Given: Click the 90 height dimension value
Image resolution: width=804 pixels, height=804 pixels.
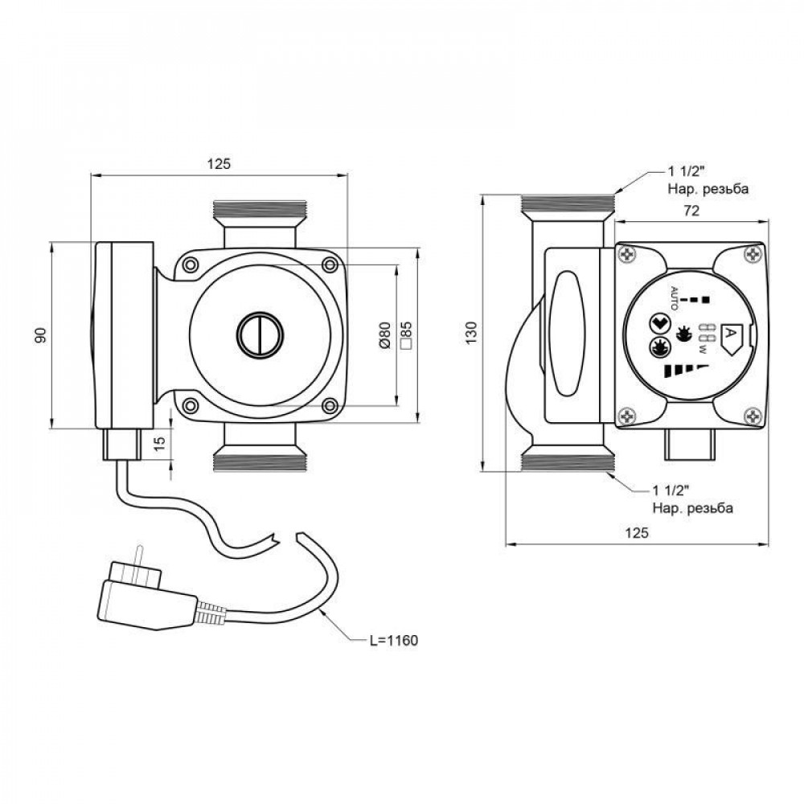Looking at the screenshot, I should [x=40, y=335].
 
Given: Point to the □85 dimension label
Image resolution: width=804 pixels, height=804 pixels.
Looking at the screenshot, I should [x=406, y=334].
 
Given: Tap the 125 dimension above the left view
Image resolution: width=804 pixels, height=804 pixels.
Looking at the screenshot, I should [x=219, y=164].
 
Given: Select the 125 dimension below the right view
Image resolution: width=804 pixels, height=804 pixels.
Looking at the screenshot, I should [x=636, y=532].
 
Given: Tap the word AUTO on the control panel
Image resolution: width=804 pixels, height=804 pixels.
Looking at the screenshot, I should [x=675, y=300].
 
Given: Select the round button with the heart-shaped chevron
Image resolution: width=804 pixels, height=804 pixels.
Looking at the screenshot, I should [x=658, y=325].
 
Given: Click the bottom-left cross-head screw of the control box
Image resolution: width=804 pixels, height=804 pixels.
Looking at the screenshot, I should [x=627, y=416].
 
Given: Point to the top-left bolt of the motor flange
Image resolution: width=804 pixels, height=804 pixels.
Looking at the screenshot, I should [x=191, y=265].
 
